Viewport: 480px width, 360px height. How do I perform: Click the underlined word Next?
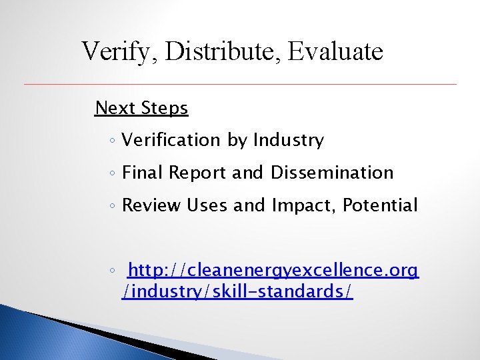pos(116,108)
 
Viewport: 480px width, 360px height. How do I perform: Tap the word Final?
pos(143,173)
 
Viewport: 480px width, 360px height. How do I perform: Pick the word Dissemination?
pos(332,173)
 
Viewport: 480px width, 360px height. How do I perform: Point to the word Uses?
pos(207,205)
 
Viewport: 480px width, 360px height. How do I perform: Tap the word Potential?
pos(380,205)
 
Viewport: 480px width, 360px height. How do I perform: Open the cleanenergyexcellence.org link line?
pos(273,271)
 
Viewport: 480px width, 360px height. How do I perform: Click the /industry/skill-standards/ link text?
pos(237,292)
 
